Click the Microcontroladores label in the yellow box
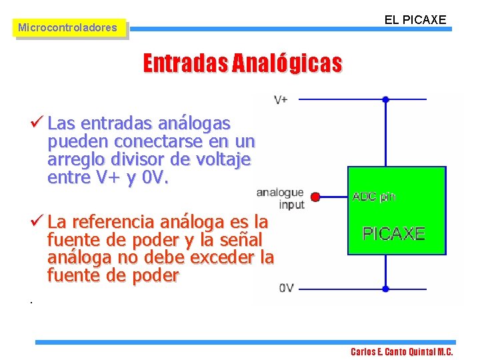pos(67,28)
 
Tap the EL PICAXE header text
pos(415,19)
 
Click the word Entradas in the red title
pos(185,63)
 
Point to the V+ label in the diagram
pos(281,99)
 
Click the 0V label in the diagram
pos(286,289)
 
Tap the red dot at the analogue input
pos(315,197)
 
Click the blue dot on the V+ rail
pos(385,99)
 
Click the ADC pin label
pos(373,197)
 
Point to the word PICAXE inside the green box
pos(393,233)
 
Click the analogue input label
pos(281,198)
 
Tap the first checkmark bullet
pos(37,123)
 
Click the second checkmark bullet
pos(37,221)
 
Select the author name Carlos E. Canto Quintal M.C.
pos(402,352)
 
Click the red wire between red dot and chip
pos(332,197)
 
